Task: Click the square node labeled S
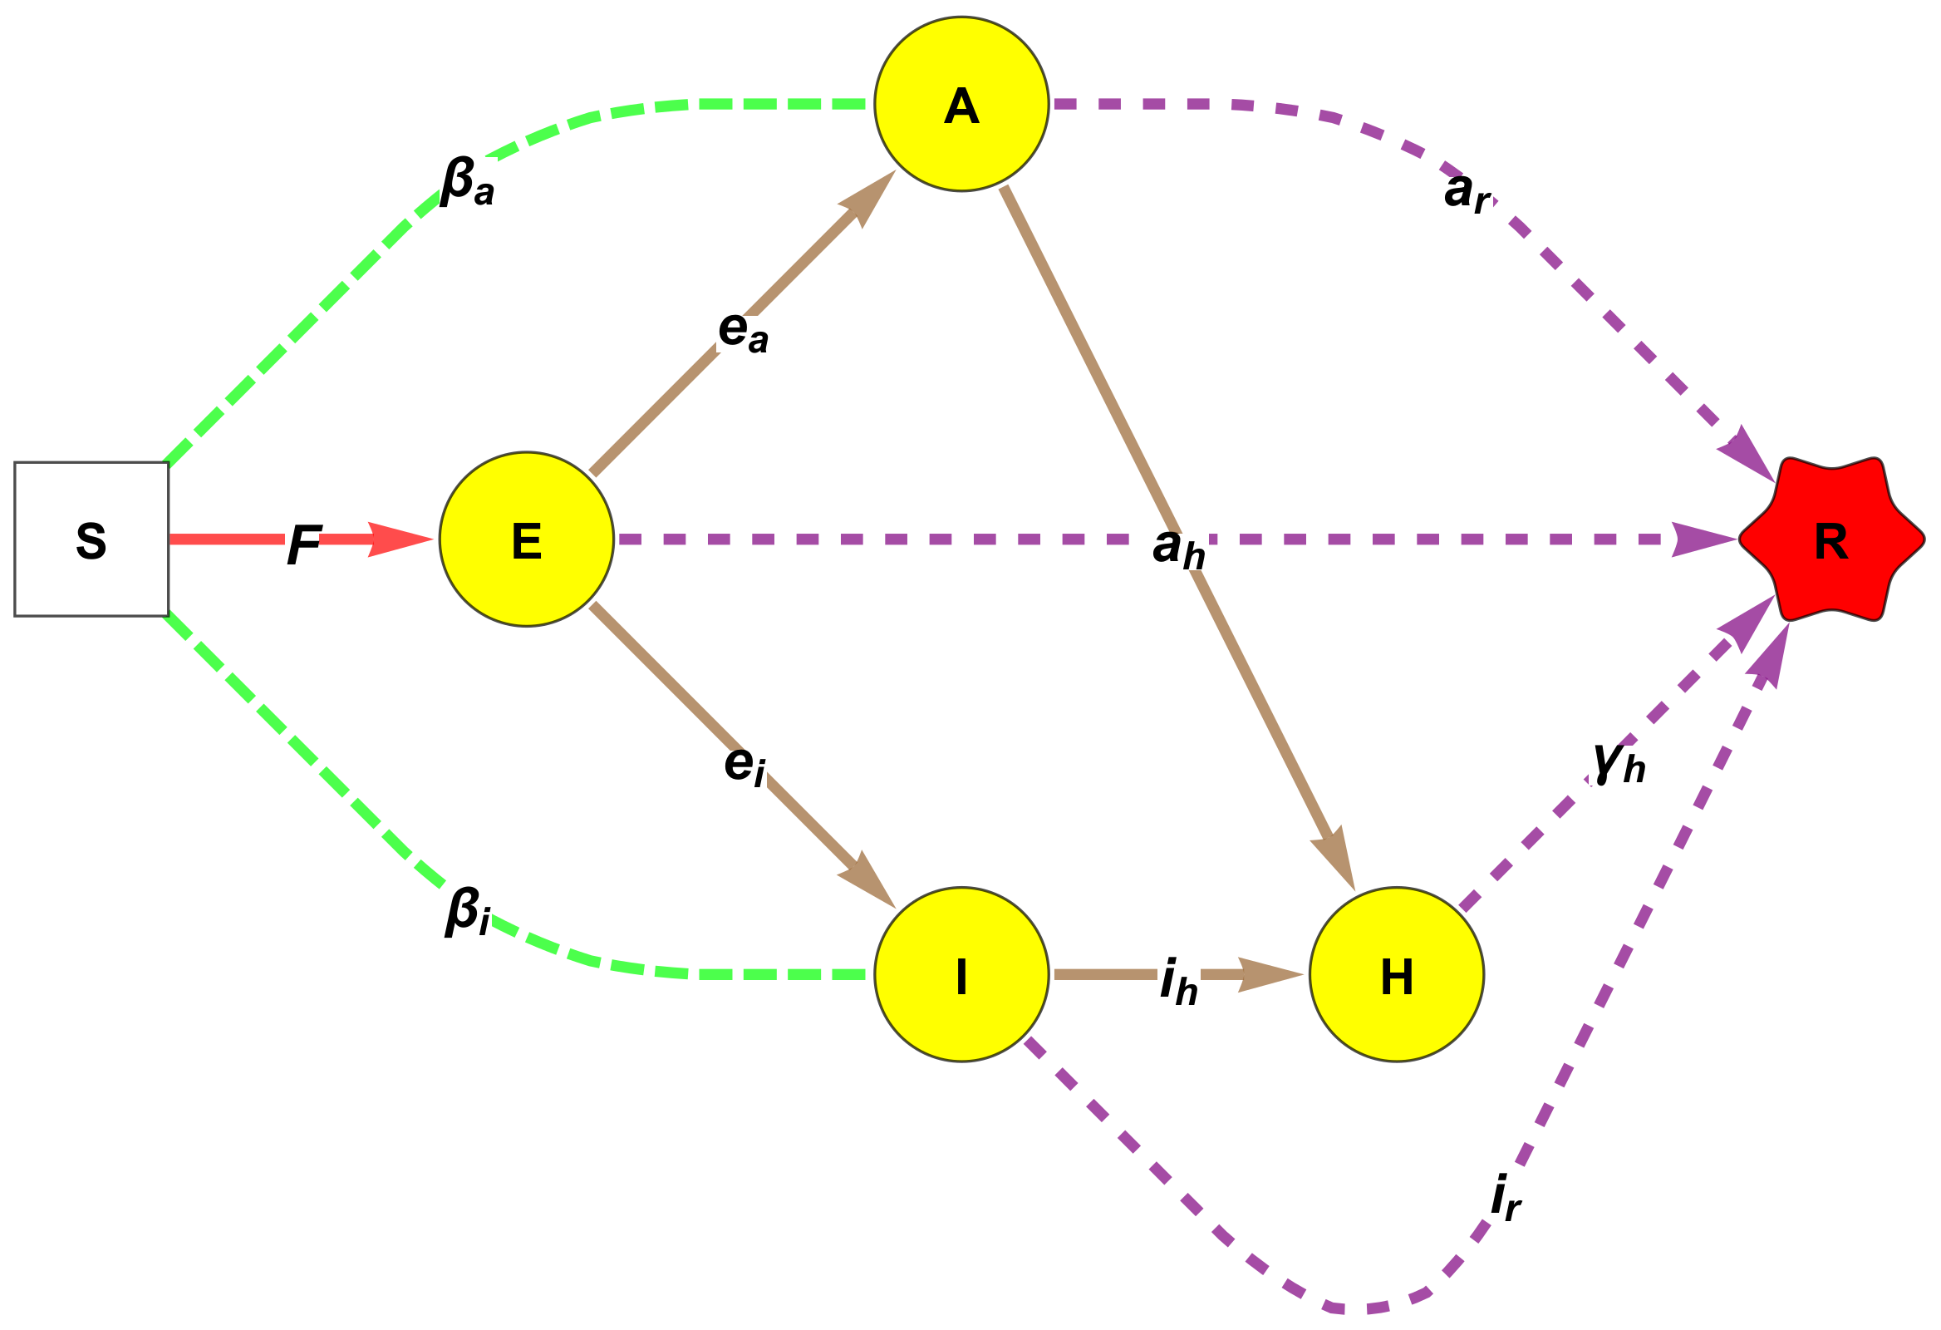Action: [x=91, y=539]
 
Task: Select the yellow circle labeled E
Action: [x=526, y=539]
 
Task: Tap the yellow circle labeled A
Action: [x=961, y=105]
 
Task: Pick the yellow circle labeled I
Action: [x=961, y=974]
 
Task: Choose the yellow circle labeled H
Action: [x=1397, y=974]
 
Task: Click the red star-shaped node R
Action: [x=1831, y=539]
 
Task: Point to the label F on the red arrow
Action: [x=304, y=544]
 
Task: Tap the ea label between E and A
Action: [x=743, y=331]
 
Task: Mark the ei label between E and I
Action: [x=744, y=764]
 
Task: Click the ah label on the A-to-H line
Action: [x=1178, y=548]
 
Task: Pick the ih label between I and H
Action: [x=1178, y=981]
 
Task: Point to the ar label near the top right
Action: [x=1467, y=192]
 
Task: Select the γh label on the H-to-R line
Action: [x=1619, y=762]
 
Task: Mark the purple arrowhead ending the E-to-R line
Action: [x=1704, y=539]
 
